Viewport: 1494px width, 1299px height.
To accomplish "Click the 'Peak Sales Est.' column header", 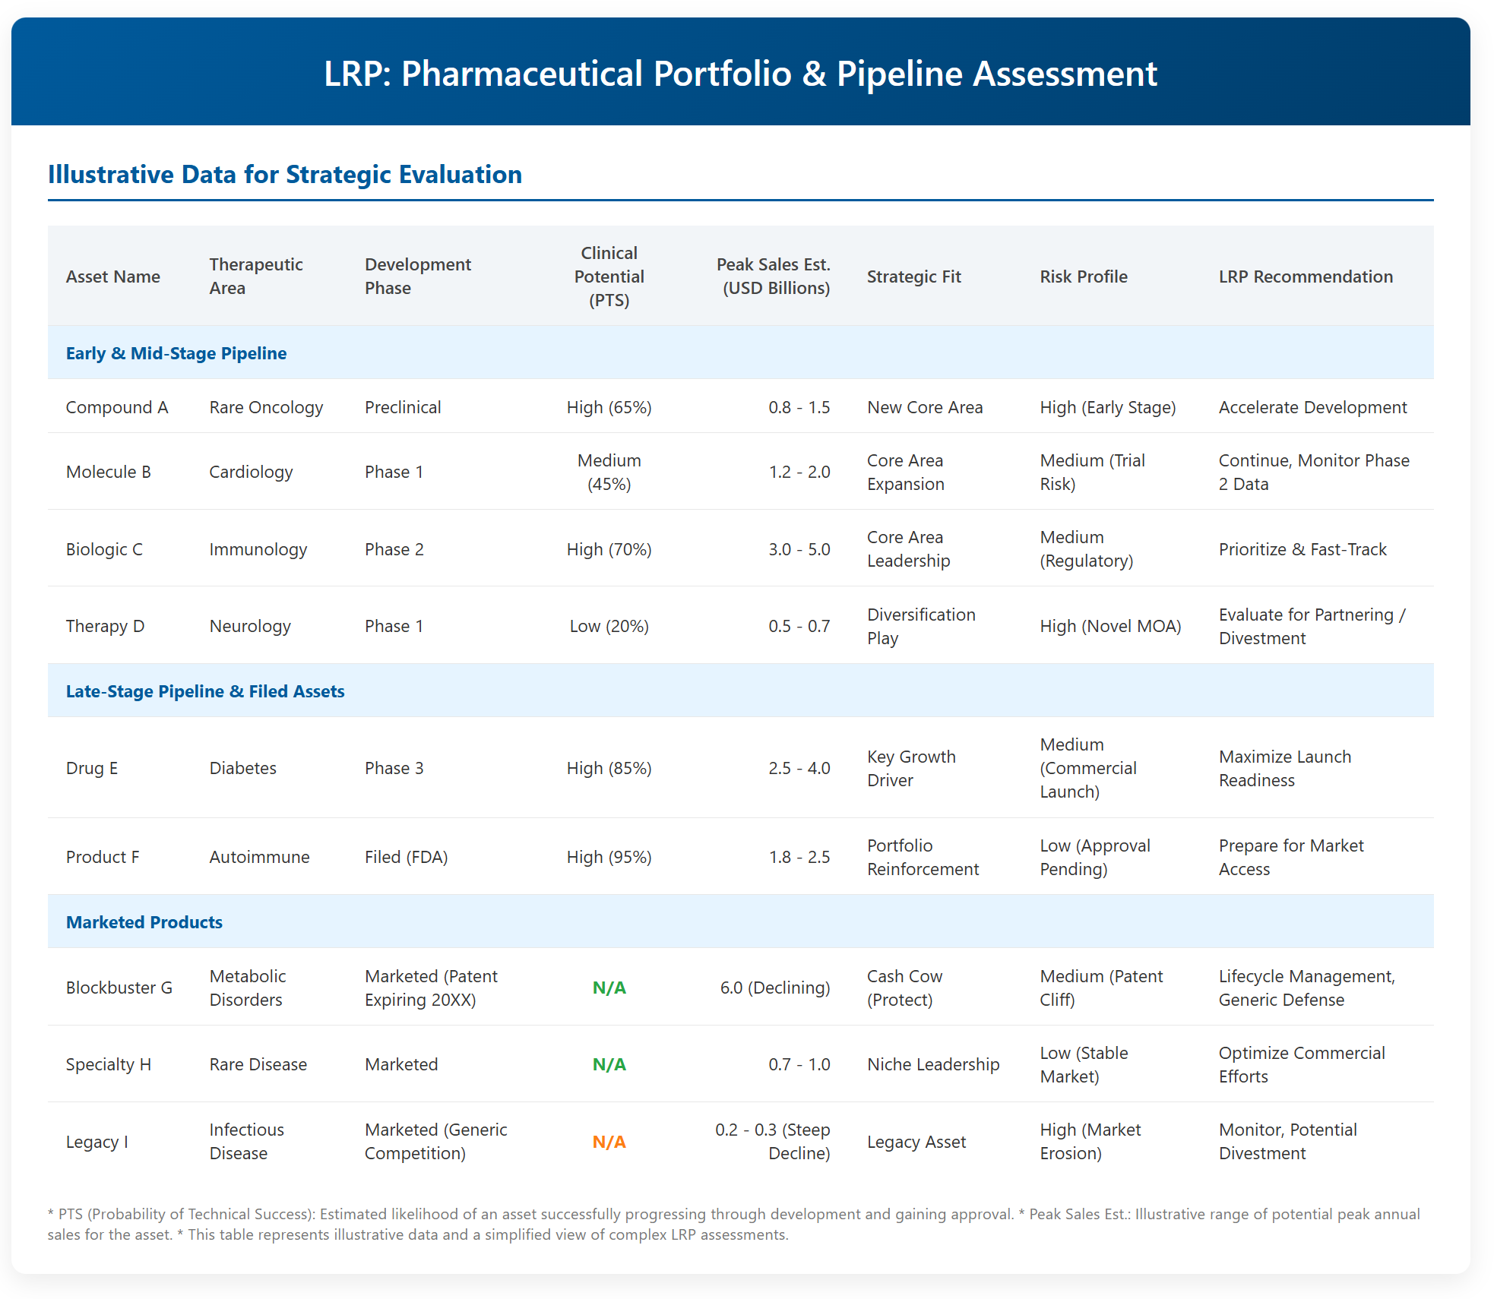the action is [773, 276].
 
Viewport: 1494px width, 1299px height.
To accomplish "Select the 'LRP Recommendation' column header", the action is [1306, 277].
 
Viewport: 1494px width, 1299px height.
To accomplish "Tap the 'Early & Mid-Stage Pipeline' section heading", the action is [176, 353].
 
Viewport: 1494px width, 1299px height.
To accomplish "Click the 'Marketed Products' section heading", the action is [144, 922].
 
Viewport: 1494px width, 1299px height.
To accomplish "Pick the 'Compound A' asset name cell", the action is [117, 407].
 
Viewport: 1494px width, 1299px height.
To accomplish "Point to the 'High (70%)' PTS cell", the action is [609, 549].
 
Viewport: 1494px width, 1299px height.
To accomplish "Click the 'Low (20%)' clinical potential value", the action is [609, 626].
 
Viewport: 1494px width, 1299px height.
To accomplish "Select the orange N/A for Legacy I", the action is [609, 1142].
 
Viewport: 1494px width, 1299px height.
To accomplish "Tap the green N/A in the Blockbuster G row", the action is [609, 988].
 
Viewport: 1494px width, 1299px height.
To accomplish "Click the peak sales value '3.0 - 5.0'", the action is [799, 549].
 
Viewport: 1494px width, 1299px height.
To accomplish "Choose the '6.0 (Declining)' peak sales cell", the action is [775, 988].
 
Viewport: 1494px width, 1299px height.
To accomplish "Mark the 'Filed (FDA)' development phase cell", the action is [407, 857].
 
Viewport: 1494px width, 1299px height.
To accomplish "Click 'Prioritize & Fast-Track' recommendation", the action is [1303, 549].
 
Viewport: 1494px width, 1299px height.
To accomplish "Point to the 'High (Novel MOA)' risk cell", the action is [1110, 626].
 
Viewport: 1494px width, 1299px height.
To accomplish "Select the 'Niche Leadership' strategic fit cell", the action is [933, 1064].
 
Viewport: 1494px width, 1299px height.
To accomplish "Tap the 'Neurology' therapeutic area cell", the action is [250, 626].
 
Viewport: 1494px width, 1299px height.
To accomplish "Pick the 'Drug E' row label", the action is [92, 768].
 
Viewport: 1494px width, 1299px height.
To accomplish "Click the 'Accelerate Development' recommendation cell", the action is [1313, 407].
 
